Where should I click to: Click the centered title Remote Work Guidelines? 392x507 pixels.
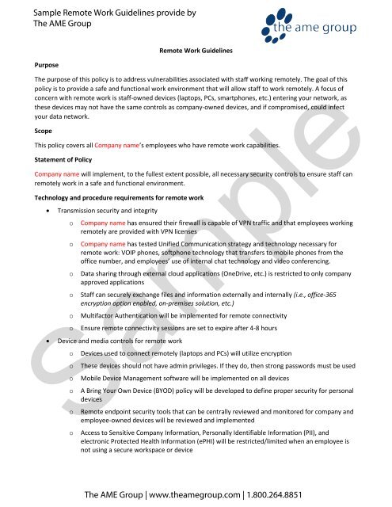tap(196, 50)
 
